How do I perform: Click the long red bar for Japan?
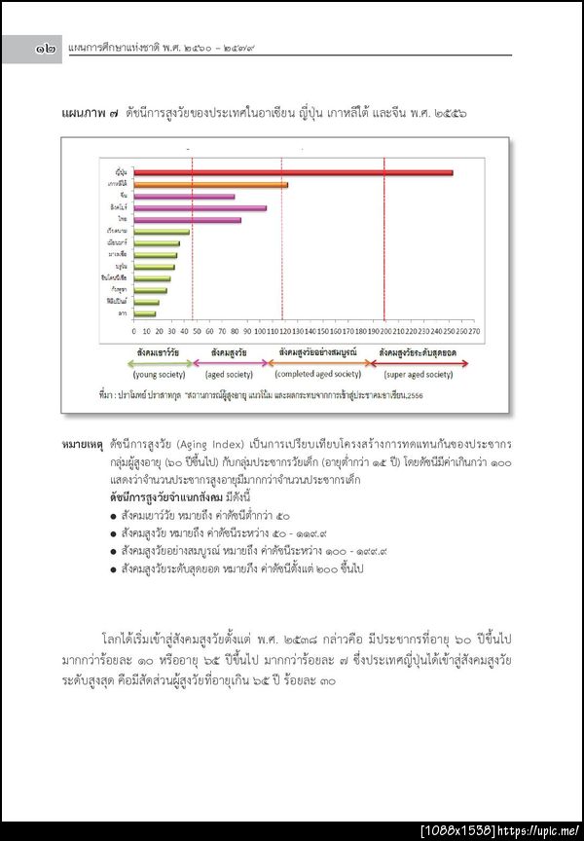292,172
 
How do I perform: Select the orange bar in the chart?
210,184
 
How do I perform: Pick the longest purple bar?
200,208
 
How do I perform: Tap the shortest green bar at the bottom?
144,314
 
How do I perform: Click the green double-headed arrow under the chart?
163,363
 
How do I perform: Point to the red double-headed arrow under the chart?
420,363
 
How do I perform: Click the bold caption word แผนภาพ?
84,114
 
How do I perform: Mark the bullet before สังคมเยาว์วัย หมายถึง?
115,516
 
